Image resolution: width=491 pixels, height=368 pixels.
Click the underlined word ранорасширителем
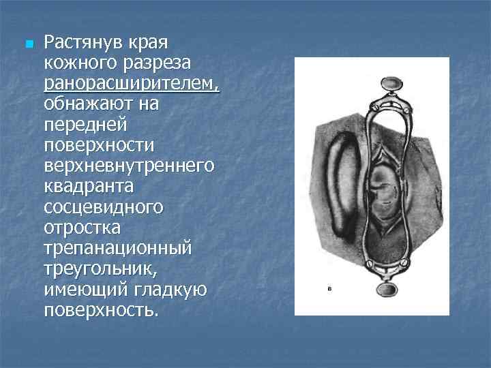coord(132,84)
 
